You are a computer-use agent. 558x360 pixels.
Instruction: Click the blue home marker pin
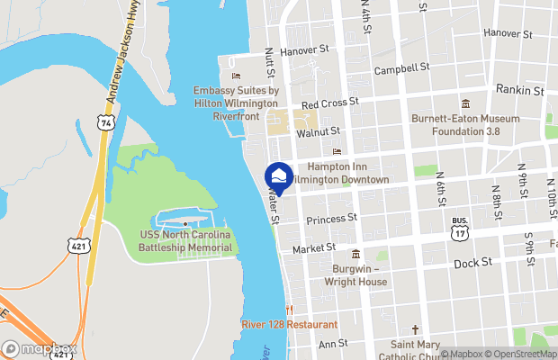(x=279, y=177)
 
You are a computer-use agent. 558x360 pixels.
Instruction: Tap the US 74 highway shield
(x=107, y=121)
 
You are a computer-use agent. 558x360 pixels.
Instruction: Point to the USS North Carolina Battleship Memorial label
(x=185, y=240)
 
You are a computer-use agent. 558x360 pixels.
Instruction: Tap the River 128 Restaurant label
(x=290, y=324)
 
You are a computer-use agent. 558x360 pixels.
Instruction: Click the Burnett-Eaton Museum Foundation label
(x=465, y=124)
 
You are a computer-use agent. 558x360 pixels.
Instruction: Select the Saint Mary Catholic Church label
(x=415, y=349)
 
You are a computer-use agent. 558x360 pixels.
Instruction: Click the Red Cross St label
(x=330, y=104)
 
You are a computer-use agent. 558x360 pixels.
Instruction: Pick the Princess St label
(x=331, y=219)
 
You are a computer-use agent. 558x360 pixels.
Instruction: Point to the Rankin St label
(x=520, y=91)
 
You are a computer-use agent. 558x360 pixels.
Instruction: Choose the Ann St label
(x=333, y=343)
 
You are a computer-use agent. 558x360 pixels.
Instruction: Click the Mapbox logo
(x=40, y=349)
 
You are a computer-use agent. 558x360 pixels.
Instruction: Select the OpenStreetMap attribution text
(x=514, y=354)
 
